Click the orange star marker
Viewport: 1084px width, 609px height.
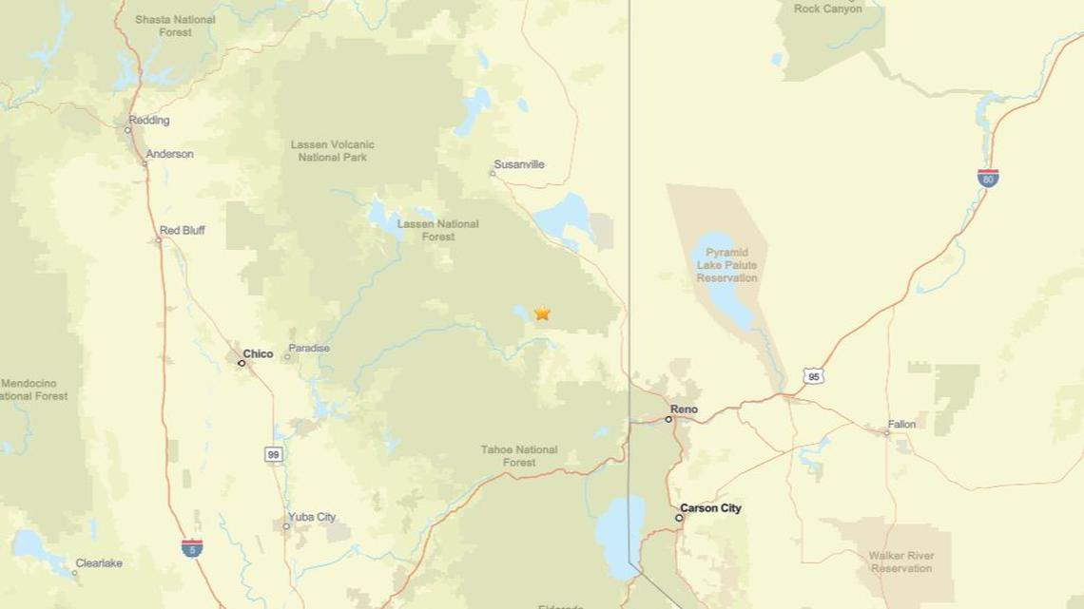click(x=542, y=313)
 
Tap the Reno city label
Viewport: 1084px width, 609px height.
click(x=684, y=409)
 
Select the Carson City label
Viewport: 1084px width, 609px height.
click(x=710, y=508)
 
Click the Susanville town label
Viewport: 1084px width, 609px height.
click(x=520, y=164)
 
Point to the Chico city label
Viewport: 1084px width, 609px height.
click(x=258, y=353)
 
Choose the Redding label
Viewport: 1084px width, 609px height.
click(x=149, y=121)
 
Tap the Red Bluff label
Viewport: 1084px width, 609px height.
click(x=182, y=231)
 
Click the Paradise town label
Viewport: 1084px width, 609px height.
click(x=309, y=349)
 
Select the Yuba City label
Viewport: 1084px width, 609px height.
click(x=313, y=517)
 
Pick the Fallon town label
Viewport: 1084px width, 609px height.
click(x=901, y=425)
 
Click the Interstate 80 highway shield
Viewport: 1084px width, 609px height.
click(x=988, y=178)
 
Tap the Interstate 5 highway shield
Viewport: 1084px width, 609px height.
click(x=192, y=547)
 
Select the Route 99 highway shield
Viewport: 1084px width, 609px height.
click(x=274, y=455)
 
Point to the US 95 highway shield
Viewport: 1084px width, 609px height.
click(x=812, y=376)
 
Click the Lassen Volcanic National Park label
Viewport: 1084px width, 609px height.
click(x=333, y=150)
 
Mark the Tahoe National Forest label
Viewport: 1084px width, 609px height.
click(x=519, y=456)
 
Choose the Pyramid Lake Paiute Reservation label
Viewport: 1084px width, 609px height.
click(x=727, y=265)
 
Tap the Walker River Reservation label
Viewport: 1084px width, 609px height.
click(x=900, y=561)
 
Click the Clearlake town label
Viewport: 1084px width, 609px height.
click(x=99, y=563)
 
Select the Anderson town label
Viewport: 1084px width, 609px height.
click(x=169, y=154)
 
